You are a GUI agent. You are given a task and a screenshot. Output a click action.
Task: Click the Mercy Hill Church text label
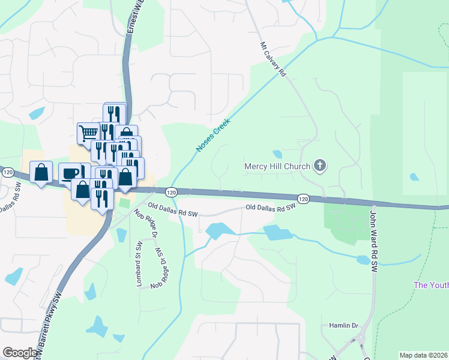pos(277,166)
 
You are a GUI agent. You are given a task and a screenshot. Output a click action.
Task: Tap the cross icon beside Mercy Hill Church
pos(321,166)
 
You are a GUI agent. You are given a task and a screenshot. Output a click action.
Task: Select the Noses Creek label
pos(213,135)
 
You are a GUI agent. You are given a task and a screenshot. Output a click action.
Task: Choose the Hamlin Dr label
pos(343,325)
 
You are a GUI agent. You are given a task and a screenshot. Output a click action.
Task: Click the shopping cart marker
pos(88,132)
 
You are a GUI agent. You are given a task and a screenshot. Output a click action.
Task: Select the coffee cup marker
pos(70,173)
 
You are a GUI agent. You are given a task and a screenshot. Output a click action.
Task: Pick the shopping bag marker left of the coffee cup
pos(41,172)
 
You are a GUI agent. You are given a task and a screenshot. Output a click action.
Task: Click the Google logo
pos(20,353)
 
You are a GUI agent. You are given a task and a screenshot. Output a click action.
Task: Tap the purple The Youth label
pos(431,285)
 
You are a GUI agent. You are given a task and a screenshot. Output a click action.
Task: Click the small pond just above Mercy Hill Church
pos(277,154)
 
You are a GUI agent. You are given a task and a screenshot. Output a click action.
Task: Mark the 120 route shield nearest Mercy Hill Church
pos(303,198)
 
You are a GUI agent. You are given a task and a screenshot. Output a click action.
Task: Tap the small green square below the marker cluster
pos(124,203)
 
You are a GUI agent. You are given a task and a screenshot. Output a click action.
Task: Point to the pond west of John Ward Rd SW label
pos(363,260)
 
